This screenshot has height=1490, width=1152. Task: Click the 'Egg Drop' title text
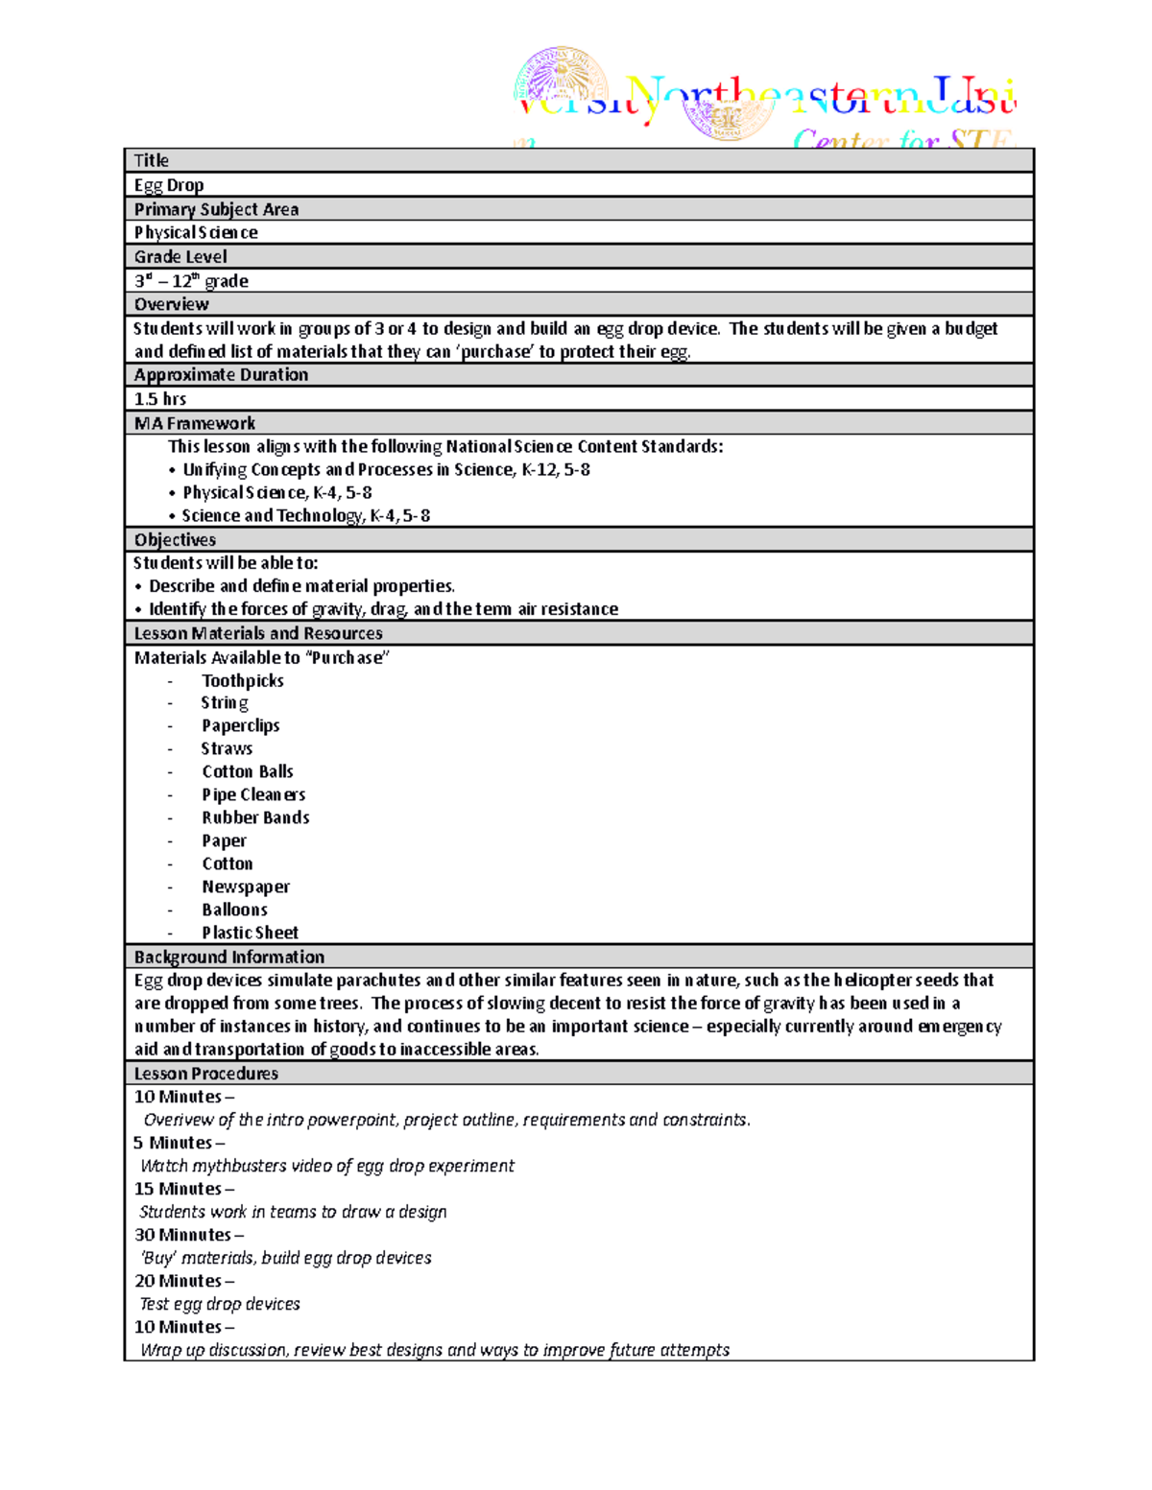click(x=169, y=185)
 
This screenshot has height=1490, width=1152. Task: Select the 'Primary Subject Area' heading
click(x=216, y=209)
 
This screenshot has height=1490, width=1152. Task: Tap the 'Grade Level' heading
click(x=180, y=256)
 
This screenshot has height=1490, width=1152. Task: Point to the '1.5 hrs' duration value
click(x=160, y=399)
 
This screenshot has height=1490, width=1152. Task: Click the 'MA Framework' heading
click(x=195, y=423)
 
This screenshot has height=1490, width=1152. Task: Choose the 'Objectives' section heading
click(x=175, y=539)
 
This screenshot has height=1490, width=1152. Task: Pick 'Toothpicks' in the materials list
click(x=243, y=680)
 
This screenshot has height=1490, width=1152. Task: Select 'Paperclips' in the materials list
click(x=241, y=725)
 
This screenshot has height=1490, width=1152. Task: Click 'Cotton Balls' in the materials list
click(x=248, y=771)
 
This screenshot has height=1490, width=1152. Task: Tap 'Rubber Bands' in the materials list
click(x=255, y=817)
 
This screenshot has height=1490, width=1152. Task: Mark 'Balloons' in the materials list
click(x=234, y=910)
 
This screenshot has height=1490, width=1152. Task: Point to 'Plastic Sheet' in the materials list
click(x=250, y=933)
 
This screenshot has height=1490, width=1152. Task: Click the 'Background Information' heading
click(x=229, y=957)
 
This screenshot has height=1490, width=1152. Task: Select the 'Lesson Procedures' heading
click(x=206, y=1074)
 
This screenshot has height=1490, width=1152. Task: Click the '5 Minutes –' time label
click(x=180, y=1143)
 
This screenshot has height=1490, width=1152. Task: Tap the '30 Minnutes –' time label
click(x=189, y=1235)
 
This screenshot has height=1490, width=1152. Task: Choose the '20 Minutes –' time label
click(x=184, y=1281)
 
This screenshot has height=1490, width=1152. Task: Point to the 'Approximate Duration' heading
click(x=221, y=375)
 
